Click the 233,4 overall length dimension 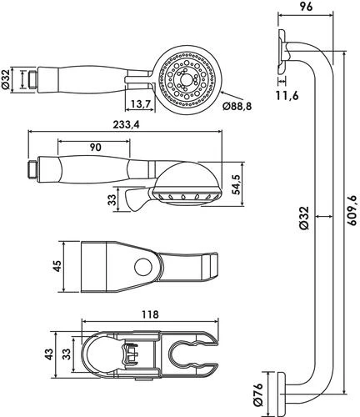click(126, 125)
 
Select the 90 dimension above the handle click(95, 147)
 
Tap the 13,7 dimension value click(141, 104)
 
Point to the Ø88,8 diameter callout click(237, 106)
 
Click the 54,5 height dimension click(237, 184)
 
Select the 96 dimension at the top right click(306, 7)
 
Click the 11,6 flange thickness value click(287, 95)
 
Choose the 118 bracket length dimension click(150, 314)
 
